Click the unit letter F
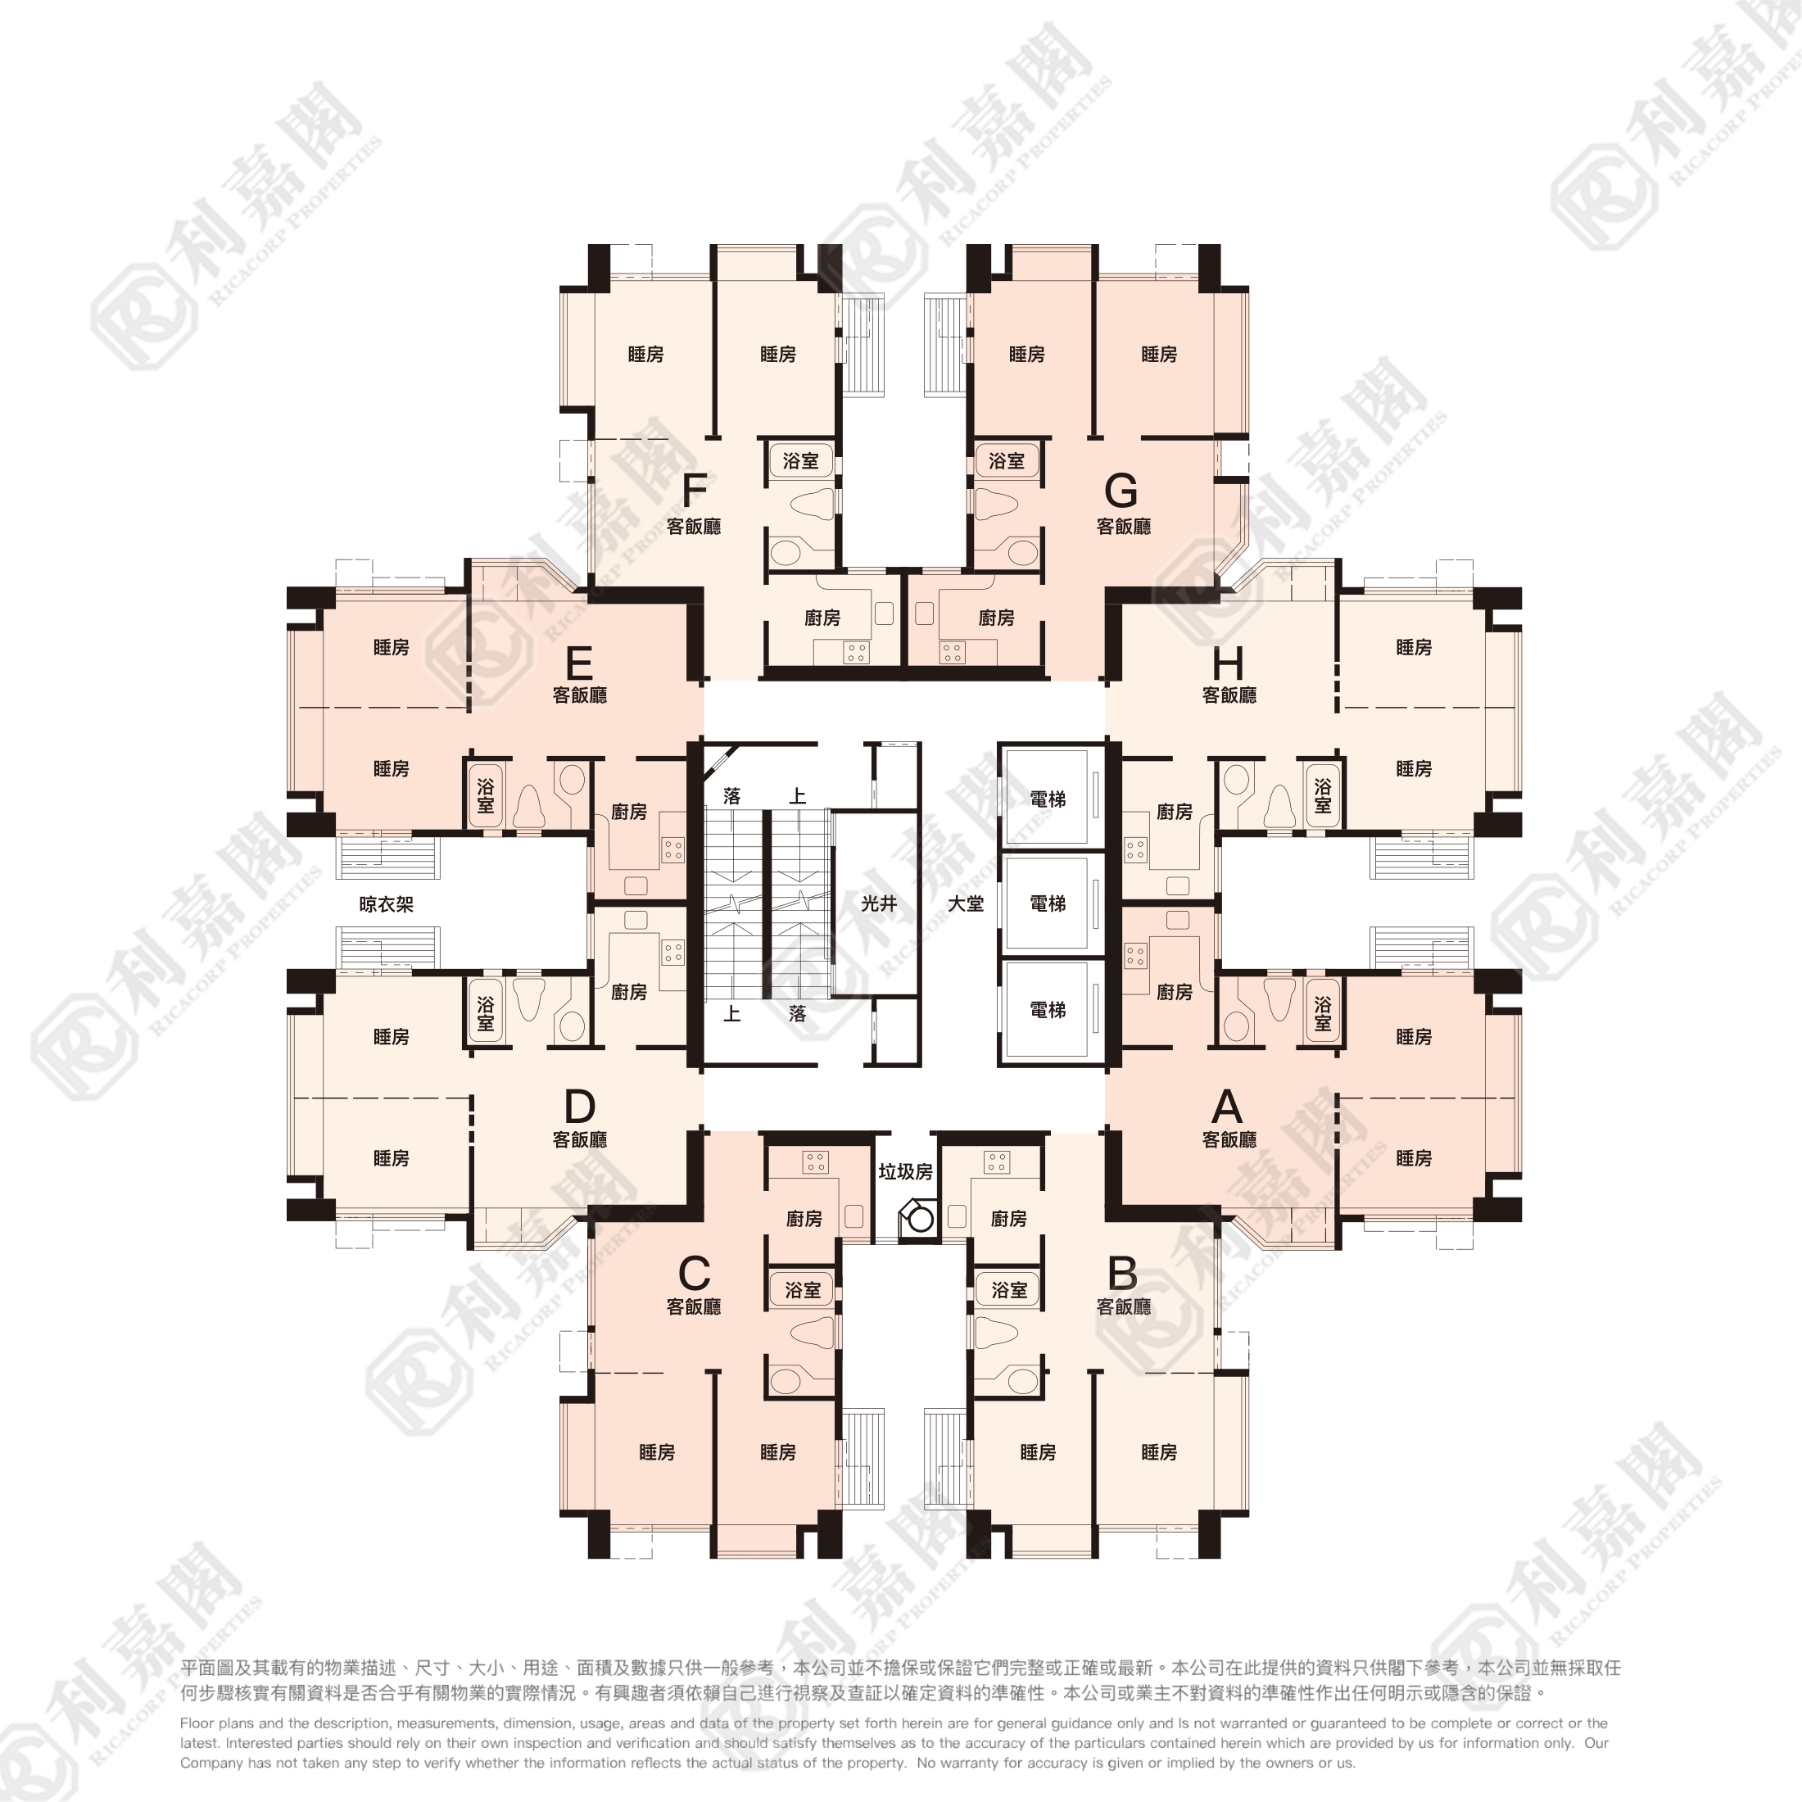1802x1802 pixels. [x=695, y=490]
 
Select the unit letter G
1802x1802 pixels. [x=1121, y=490]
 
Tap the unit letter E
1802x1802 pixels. [x=579, y=664]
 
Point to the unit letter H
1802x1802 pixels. [x=1228, y=664]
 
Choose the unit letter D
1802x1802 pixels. [x=579, y=1107]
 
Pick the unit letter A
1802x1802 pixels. [x=1228, y=1107]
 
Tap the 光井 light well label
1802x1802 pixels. [x=879, y=903]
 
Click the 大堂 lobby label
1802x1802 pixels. [x=966, y=903]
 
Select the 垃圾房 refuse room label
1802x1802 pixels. [x=906, y=1171]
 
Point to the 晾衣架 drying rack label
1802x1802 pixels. [x=386, y=903]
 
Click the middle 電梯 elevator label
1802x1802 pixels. [x=1048, y=903]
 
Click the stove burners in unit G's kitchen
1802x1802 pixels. [x=951, y=652]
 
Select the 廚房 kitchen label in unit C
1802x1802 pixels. [x=804, y=1218]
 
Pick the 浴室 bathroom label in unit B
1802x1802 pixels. [x=1008, y=1290]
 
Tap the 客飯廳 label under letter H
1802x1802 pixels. [x=1229, y=695]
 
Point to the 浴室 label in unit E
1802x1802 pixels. [x=485, y=795]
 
